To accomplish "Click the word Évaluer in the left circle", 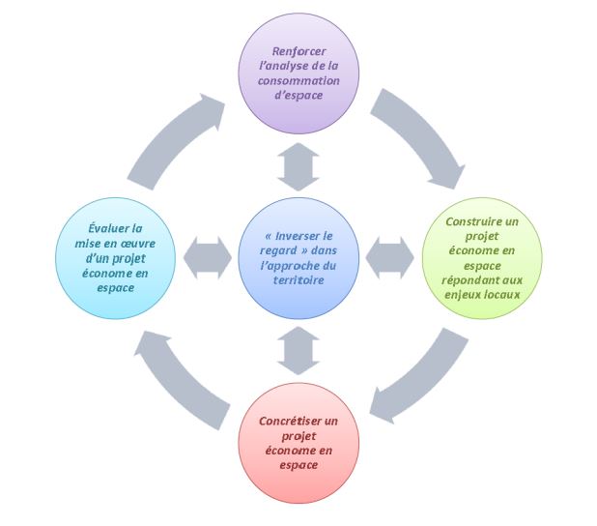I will (93, 228).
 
